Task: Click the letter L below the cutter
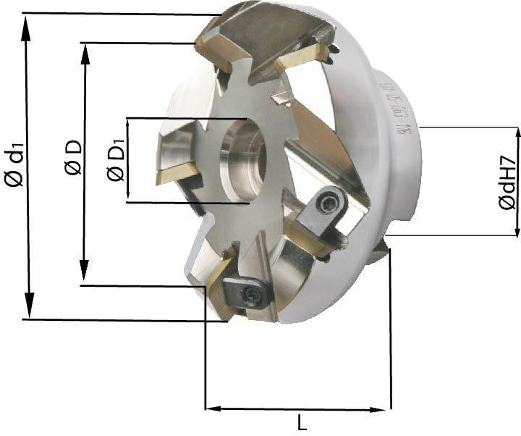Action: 302,422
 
